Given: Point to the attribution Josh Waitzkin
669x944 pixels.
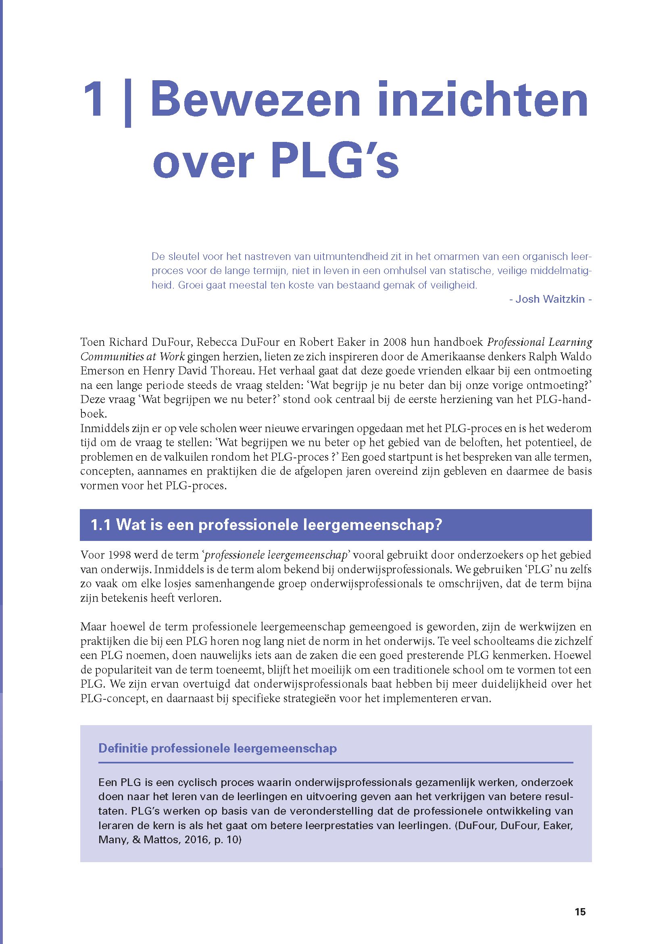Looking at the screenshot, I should (x=550, y=299).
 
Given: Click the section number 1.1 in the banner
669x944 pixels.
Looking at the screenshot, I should (x=101, y=525).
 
